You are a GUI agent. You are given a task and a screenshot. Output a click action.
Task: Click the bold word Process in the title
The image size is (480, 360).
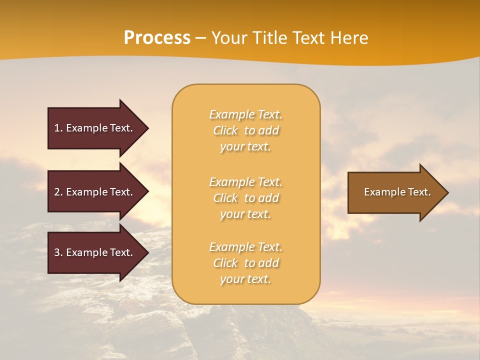coord(157,38)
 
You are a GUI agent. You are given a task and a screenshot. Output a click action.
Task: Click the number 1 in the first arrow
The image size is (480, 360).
coord(57,128)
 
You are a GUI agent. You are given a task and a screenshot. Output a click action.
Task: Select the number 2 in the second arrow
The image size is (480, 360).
coord(57,192)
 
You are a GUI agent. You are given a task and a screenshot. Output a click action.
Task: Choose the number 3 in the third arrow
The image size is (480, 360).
coord(57,252)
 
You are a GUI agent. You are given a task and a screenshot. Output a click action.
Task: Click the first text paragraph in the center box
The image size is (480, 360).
coord(245,130)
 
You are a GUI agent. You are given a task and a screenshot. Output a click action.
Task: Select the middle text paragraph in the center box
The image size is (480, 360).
coord(245,198)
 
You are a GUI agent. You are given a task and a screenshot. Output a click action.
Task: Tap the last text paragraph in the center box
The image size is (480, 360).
coord(245,263)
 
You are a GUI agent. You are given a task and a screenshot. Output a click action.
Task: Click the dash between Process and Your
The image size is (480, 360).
coord(201,38)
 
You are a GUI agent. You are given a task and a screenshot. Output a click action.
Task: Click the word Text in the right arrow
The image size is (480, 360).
coord(419,192)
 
